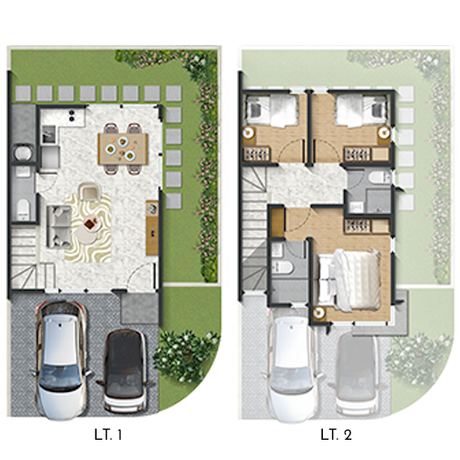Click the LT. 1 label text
click(x=109, y=434)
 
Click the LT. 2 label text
click(x=336, y=434)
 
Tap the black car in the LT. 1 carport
click(x=124, y=371)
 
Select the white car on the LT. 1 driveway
click(x=61, y=361)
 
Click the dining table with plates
click(x=123, y=149)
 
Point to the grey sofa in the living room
click(x=59, y=226)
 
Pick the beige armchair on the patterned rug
click(x=90, y=191)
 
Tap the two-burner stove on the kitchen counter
click(x=72, y=115)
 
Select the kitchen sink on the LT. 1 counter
click(x=49, y=134)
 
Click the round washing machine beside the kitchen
click(x=23, y=153)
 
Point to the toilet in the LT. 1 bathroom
click(x=23, y=209)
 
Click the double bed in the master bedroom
click(x=349, y=280)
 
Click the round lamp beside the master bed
click(x=319, y=313)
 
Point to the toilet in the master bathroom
click(x=282, y=267)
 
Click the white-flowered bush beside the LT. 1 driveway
click(x=186, y=356)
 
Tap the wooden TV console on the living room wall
click(x=152, y=227)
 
